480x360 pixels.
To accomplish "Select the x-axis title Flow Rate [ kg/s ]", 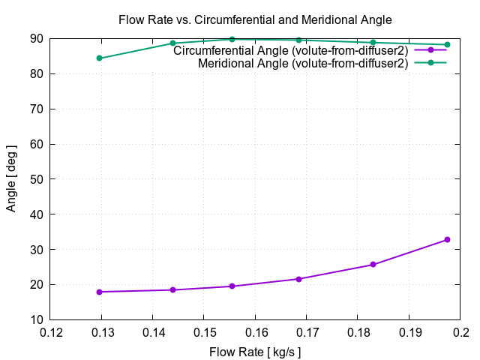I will (255, 350).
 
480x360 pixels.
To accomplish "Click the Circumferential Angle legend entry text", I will (291, 51).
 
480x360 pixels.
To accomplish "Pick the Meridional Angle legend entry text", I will (303, 64).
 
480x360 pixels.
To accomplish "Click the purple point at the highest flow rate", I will (447, 240).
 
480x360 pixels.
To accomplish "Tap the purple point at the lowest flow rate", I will (99, 292).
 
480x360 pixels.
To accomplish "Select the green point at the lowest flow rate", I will (99, 58).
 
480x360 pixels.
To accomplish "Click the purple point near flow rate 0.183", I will (373, 265).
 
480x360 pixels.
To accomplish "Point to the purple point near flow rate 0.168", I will (299, 279).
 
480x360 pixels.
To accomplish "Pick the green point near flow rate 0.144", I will (172, 43).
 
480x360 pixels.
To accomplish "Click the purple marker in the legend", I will (430, 50).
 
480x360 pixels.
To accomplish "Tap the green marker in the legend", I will (430, 63).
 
